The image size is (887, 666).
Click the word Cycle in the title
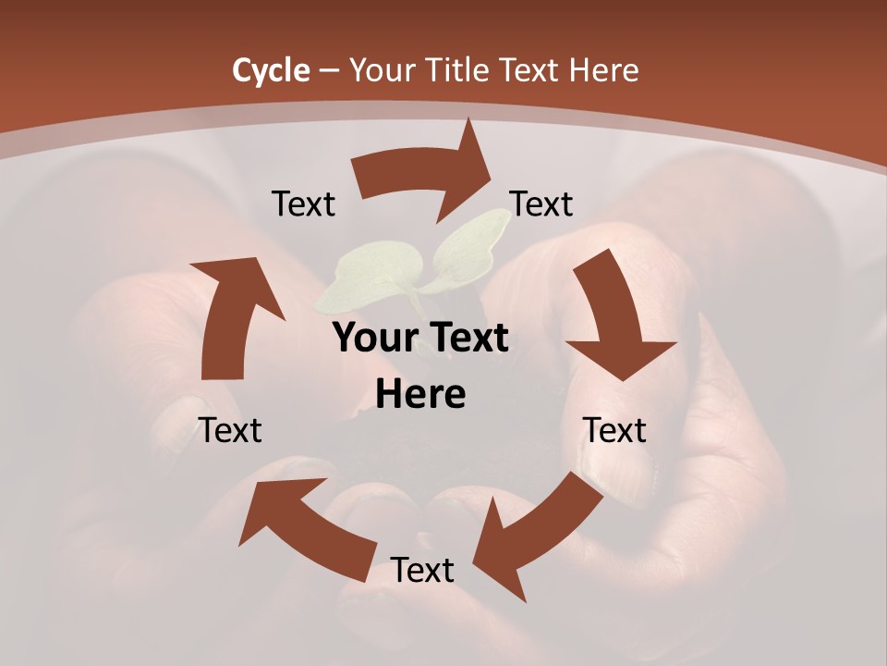click(271, 70)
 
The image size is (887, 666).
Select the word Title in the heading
click(456, 70)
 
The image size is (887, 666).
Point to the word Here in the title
click(606, 70)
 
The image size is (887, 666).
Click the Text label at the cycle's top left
click(303, 204)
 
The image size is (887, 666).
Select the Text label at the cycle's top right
click(541, 204)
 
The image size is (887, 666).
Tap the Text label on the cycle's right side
click(614, 430)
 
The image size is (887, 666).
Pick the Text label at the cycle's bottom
click(422, 571)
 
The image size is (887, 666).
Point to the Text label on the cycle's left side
click(230, 430)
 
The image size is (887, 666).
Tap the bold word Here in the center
click(420, 395)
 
